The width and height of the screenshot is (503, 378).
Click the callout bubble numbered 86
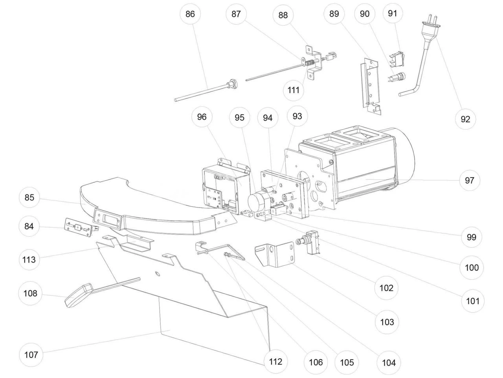click(190, 14)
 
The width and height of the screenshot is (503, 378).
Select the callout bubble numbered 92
click(465, 119)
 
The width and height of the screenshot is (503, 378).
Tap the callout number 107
click(31, 355)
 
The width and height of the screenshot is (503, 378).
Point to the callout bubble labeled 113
click(29, 259)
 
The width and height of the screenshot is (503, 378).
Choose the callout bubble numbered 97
click(470, 180)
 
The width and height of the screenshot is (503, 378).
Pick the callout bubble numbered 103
click(387, 322)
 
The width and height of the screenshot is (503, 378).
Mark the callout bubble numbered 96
click(202, 117)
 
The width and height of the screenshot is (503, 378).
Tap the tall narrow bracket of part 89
click(369, 85)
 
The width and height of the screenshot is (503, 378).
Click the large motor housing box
click(354, 169)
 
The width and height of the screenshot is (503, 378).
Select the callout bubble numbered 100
click(472, 268)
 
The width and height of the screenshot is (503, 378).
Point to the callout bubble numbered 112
click(275, 361)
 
